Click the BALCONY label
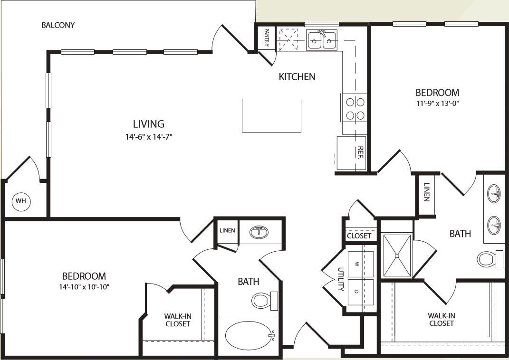pyautogui.click(x=58, y=25)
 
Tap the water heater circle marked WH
pyautogui.click(x=21, y=201)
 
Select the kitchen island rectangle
pyautogui.click(x=271, y=115)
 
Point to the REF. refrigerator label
pyautogui.click(x=361, y=152)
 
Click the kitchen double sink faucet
pyautogui.click(x=322, y=34)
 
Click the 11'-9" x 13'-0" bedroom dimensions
pyautogui.click(x=437, y=103)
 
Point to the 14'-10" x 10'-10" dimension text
pyautogui.click(x=84, y=286)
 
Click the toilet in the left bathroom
pyautogui.click(x=262, y=300)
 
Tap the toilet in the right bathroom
pyautogui.click(x=489, y=259)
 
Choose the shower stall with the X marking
pyautogui.click(x=397, y=255)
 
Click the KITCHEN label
pyautogui.click(x=297, y=76)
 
